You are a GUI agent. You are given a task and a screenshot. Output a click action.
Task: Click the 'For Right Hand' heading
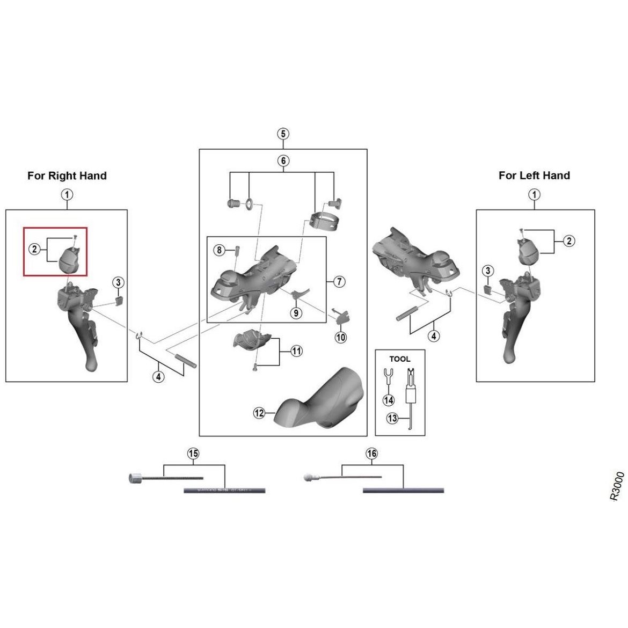click(67, 176)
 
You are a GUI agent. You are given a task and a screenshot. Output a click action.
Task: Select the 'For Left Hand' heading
click(534, 176)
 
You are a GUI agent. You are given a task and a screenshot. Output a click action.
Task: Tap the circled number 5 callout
click(283, 133)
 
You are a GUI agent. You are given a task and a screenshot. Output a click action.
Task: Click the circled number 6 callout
click(283, 160)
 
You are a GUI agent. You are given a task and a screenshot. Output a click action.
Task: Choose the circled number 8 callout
click(219, 250)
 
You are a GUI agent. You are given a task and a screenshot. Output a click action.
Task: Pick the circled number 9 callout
click(296, 312)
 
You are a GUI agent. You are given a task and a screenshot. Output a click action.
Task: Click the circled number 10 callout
click(341, 337)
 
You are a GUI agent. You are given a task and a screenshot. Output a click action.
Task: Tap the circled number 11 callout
click(296, 351)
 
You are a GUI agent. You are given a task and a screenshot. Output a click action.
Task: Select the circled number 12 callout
click(260, 413)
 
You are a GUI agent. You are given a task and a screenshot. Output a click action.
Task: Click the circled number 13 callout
click(392, 418)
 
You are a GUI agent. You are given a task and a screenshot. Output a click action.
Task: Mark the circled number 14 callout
click(388, 400)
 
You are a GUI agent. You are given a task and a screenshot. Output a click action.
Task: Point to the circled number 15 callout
click(193, 454)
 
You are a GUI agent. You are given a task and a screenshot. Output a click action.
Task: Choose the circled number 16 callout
click(371, 454)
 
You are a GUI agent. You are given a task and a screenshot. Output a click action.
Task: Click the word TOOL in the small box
click(399, 359)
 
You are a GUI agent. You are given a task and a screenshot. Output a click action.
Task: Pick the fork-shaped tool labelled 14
click(387, 376)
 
